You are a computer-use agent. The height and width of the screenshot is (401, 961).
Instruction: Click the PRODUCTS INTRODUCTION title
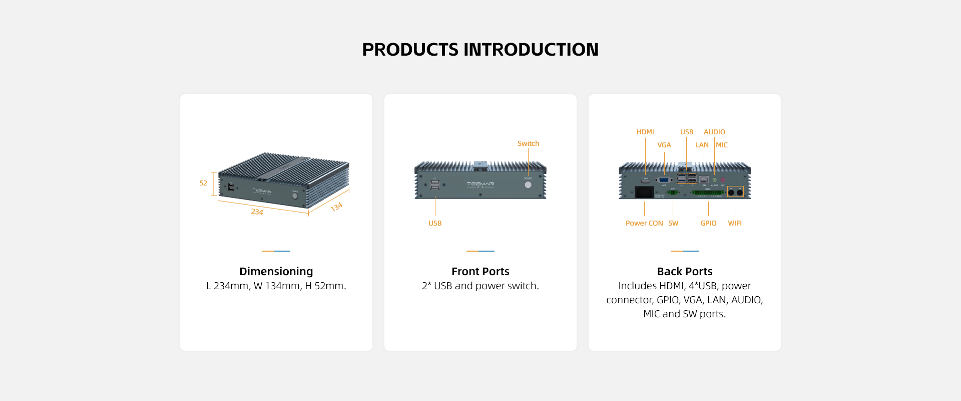480,50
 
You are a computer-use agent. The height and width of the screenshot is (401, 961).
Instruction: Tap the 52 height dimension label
203,183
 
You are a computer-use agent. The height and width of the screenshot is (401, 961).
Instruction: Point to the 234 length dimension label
257,212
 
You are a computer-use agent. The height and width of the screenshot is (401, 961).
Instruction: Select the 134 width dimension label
336,207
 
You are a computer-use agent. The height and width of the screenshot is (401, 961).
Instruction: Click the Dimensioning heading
276,271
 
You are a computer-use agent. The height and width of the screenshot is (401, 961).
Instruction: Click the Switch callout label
528,143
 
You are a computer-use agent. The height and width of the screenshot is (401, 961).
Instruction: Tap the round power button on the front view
528,185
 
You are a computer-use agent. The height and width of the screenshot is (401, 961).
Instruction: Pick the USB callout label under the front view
435,223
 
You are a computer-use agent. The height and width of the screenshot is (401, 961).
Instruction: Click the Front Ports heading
480,271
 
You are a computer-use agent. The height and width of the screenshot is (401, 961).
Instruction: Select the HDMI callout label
645,132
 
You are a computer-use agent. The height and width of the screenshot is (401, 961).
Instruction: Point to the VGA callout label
664,145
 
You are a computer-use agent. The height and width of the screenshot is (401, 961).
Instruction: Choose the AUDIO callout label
714,132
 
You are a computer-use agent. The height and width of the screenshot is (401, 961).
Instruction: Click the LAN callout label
702,145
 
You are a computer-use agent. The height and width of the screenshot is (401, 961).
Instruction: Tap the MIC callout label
722,145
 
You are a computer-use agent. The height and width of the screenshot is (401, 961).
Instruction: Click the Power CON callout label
644,223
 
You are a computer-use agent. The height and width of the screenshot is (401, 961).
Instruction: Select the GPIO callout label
708,223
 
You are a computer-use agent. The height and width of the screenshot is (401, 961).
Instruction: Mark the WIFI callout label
735,223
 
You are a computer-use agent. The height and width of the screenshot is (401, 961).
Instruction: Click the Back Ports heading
684,271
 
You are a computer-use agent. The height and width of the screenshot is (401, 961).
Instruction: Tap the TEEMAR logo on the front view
480,184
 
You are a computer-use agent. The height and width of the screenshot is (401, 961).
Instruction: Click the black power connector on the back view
644,192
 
